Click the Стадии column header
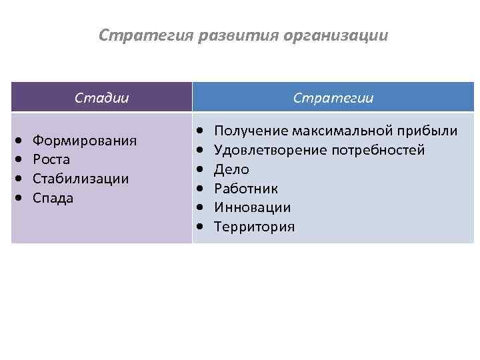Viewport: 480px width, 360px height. [101, 98]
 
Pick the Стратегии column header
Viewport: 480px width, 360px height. [333, 98]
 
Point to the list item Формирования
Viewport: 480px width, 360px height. [85, 141]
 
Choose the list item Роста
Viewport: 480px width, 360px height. [51, 160]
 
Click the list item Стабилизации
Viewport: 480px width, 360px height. [81, 179]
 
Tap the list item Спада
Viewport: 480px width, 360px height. [53, 199]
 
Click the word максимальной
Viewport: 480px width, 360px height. [345, 131]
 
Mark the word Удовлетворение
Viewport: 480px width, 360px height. [269, 150]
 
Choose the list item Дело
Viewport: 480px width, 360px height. [231, 169]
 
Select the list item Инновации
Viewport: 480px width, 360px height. [252, 208]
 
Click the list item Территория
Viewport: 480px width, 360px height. [254, 227]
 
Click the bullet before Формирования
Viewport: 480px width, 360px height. [19, 141]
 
